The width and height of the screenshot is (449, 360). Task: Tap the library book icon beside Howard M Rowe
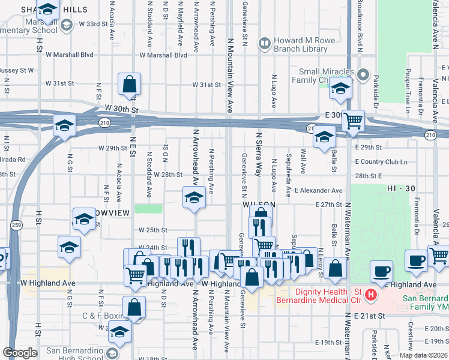click(x=264, y=43)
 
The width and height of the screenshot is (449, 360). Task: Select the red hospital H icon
click(x=371, y=295)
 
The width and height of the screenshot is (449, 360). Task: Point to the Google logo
click(x=20, y=353)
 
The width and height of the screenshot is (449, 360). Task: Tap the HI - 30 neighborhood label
click(x=401, y=188)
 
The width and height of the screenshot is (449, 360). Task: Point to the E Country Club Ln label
click(x=381, y=162)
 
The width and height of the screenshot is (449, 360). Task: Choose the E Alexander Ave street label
click(x=318, y=190)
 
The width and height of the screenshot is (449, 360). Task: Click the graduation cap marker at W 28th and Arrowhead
click(x=194, y=197)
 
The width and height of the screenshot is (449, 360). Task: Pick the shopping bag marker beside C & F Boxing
click(x=135, y=307)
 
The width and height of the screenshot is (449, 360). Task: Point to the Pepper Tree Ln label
click(x=408, y=90)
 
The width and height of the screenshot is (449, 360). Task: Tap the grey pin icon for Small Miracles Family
click(x=362, y=75)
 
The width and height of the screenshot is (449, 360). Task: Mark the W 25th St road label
click(x=152, y=230)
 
